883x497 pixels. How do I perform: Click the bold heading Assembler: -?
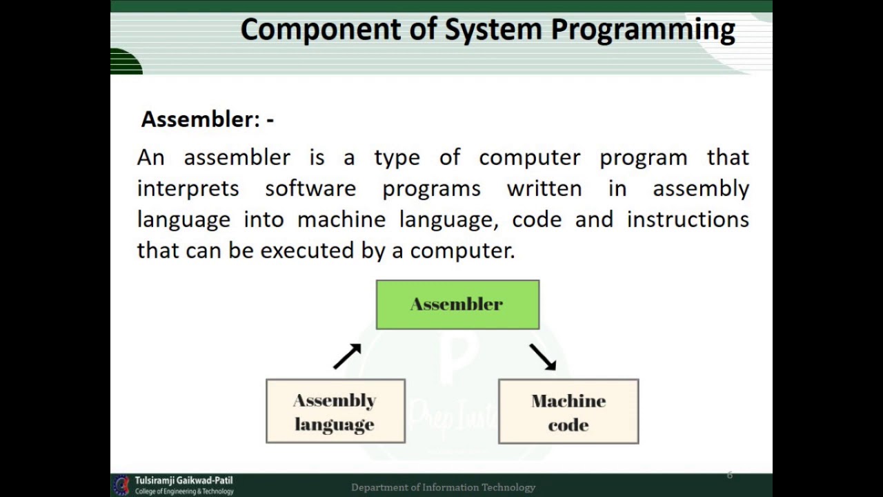[207, 119]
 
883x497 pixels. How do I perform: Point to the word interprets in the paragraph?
[188, 188]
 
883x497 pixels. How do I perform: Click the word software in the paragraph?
[310, 188]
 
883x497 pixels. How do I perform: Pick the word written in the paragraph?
[544, 188]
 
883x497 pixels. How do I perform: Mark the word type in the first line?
[397, 158]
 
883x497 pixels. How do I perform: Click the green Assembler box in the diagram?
[457, 304]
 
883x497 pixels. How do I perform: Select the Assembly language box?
[335, 411]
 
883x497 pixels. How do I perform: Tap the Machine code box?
[568, 411]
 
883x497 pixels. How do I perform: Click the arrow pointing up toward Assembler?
[348, 356]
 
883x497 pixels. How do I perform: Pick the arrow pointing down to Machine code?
[543, 357]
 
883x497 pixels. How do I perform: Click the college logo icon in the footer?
[121, 485]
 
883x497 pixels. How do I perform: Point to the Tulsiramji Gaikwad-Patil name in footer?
[183, 480]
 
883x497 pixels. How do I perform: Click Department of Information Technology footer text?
[443, 487]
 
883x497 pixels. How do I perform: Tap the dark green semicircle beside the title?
[126, 62]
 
